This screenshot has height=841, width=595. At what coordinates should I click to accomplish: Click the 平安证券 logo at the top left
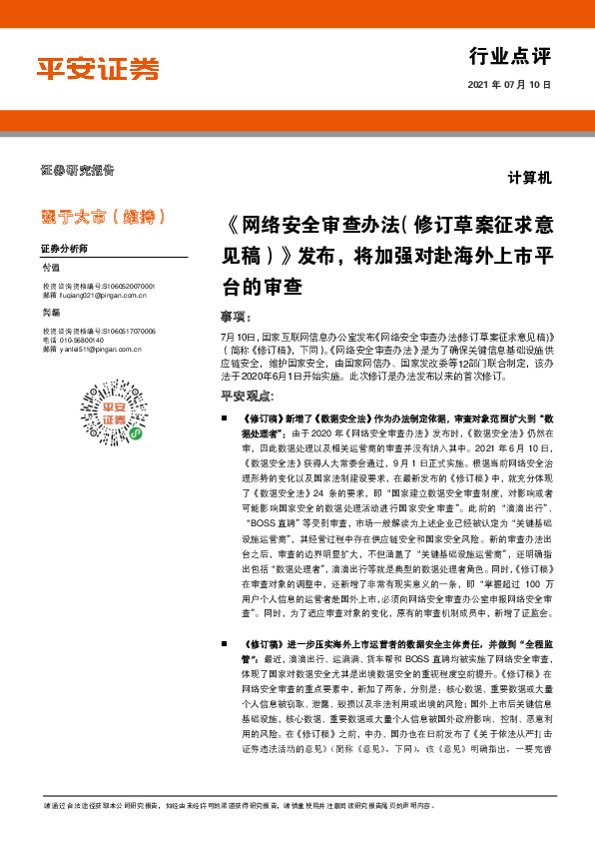point(98,68)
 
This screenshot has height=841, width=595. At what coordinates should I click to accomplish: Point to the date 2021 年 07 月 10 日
point(509,85)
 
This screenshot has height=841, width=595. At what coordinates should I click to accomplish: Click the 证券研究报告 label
point(78,169)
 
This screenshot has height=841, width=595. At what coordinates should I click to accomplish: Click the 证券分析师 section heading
point(64,247)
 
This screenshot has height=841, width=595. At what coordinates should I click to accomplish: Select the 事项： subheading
point(233,316)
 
